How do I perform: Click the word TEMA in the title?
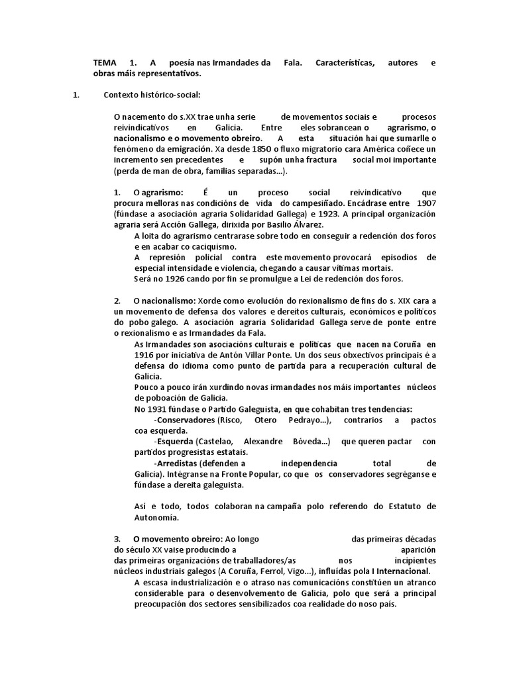click(105, 62)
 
